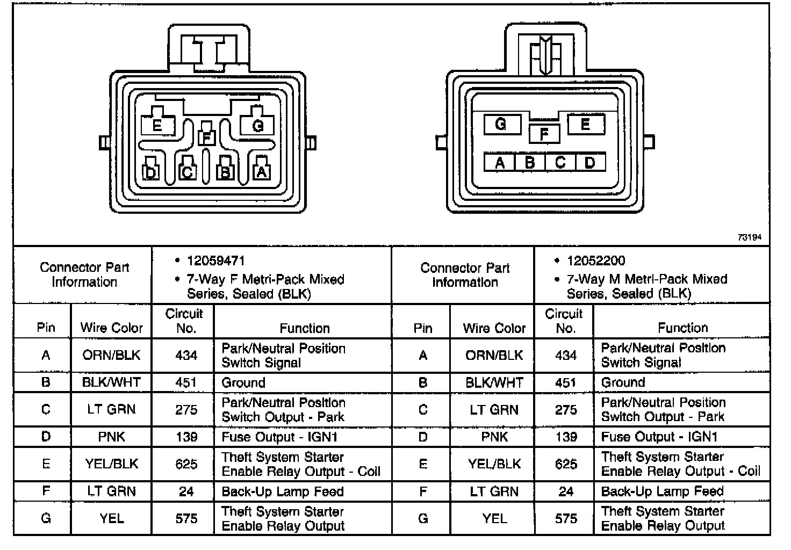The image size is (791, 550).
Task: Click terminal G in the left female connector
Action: pos(257,126)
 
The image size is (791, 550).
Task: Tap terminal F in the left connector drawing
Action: pos(206,137)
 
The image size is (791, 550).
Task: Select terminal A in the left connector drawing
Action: pos(262,171)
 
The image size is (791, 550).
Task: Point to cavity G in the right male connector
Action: pos(501,125)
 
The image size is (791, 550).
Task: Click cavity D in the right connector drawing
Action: pos(590,162)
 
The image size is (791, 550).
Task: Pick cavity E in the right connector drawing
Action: pos(585,125)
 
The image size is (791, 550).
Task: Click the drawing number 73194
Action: pos(749,237)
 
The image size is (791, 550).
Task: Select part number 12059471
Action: pos(215,261)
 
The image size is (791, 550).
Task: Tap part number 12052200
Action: pos(596,261)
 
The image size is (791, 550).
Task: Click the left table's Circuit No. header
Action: pos(184,321)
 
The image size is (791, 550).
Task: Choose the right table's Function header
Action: pos(682,328)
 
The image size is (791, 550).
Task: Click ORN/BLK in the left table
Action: pos(111,355)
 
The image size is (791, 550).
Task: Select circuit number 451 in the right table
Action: pos(566,382)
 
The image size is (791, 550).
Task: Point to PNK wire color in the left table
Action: pos(111,437)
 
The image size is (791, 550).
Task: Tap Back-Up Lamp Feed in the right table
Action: pos(662,491)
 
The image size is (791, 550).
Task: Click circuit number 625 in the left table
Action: pos(186,464)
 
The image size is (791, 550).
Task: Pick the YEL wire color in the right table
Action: pos(494,518)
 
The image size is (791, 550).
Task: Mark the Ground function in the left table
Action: pos(243,382)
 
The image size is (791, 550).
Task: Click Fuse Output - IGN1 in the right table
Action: pos(659,437)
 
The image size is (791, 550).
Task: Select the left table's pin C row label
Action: pos(46,409)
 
